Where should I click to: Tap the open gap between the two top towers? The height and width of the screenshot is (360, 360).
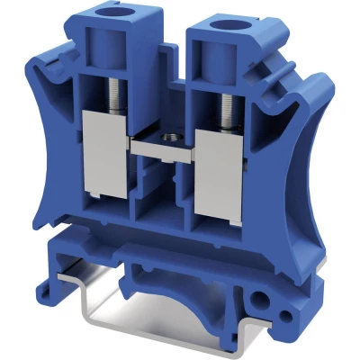point(167,54)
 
